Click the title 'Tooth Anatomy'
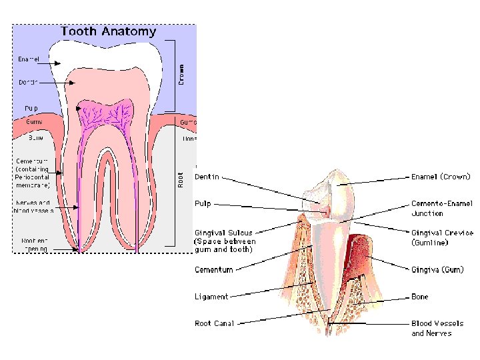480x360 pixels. tap(109, 31)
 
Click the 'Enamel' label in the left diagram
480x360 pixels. tap(29, 59)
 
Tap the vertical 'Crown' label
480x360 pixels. tap(181, 73)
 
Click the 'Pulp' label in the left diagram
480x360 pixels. tap(31, 108)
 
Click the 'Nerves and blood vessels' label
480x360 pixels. tap(33, 206)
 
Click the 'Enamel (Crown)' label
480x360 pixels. tap(441, 177)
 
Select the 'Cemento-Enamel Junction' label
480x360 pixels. tap(437, 209)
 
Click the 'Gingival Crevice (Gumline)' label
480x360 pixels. tap(442, 238)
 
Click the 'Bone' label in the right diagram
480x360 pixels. tap(420, 297)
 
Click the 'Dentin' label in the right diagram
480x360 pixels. tap(207, 177)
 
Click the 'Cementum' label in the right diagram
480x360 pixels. tap(214, 270)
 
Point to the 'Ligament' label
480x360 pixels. tap(211, 297)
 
